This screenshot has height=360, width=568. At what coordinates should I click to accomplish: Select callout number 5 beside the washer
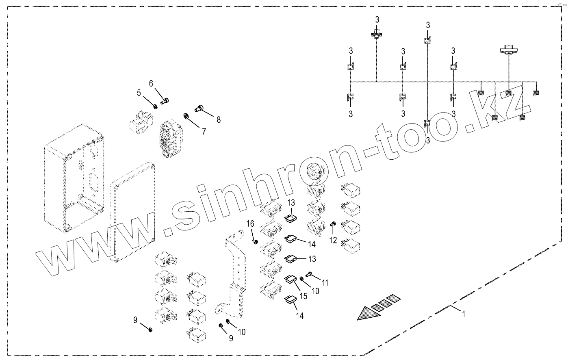point(139,93)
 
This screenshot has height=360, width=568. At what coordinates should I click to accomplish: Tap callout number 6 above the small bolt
point(151,84)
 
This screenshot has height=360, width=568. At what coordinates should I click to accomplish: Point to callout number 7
point(204,131)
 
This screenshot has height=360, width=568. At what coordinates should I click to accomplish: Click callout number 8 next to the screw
point(219,119)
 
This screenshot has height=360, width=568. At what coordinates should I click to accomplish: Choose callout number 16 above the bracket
point(251,223)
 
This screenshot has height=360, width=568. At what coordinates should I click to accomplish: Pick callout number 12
point(333,240)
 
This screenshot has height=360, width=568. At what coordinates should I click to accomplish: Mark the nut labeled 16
point(255,242)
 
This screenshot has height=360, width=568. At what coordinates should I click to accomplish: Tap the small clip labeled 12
point(333,224)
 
